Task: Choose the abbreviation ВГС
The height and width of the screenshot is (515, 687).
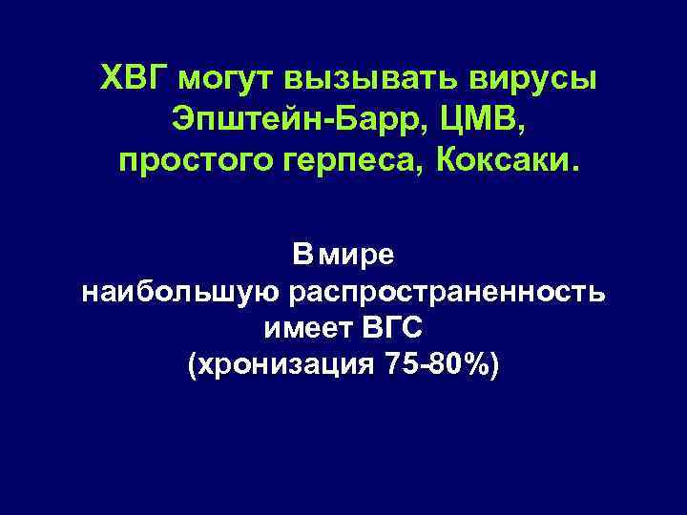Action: coord(391,329)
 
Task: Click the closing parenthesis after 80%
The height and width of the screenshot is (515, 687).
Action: coord(491,366)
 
